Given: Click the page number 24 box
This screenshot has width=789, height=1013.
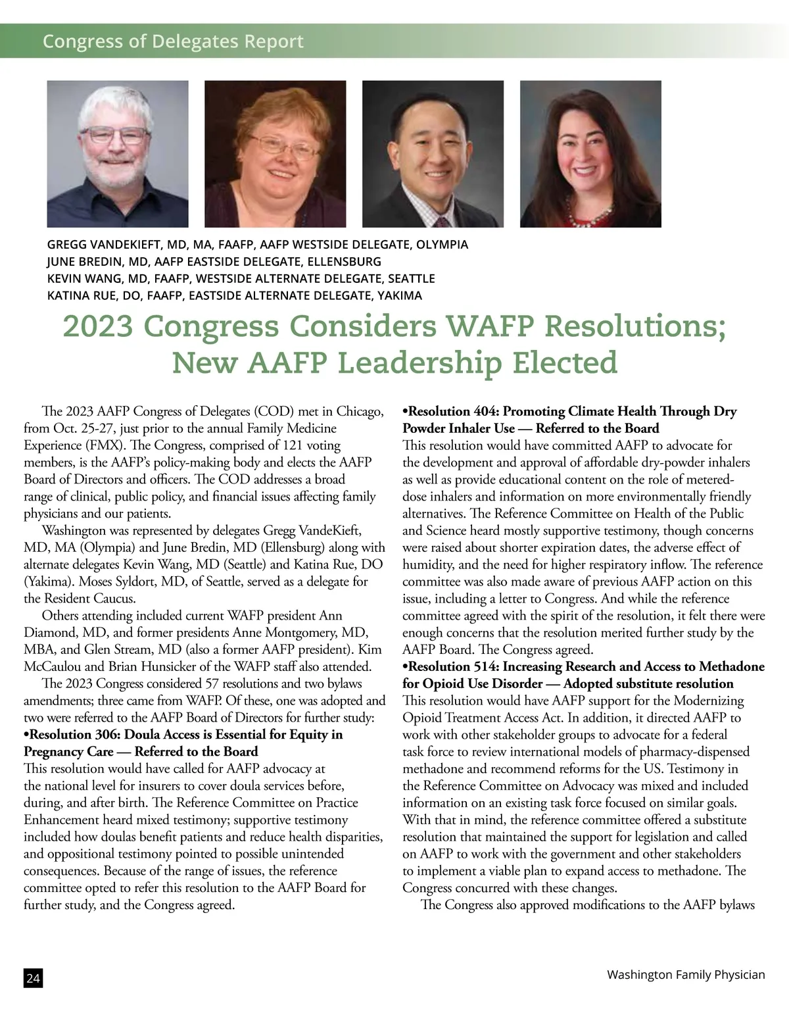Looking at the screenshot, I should pos(33,978).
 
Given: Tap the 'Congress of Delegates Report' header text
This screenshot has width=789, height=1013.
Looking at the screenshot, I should pos(173,41).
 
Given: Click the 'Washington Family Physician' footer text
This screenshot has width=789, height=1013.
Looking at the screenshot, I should pos(686,974).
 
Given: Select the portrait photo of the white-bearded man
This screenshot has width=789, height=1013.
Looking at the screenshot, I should pos(118,154).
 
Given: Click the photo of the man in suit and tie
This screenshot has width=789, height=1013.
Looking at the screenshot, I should pos(433,154).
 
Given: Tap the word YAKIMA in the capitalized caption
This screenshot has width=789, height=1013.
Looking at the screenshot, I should pos(399,295).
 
